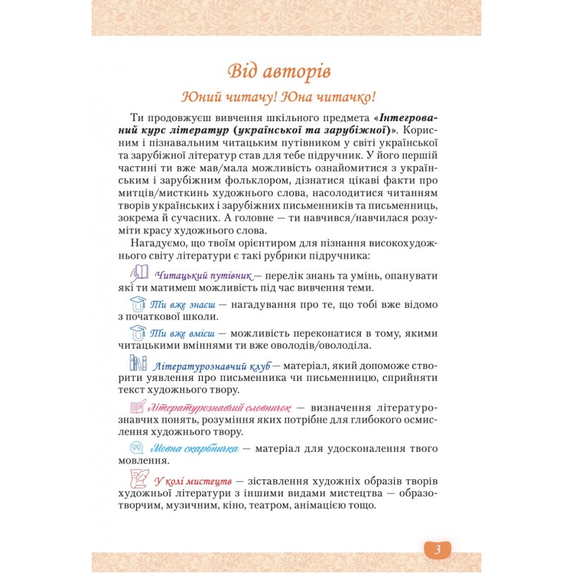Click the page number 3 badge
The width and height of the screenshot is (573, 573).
[437, 549]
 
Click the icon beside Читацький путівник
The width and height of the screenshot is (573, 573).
[139, 272]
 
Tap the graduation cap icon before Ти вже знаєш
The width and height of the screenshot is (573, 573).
[138, 303]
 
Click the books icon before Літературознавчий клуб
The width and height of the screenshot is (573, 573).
[138, 362]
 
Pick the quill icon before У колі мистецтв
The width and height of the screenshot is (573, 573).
[139, 478]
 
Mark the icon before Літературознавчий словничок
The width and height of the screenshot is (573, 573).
[138, 405]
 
